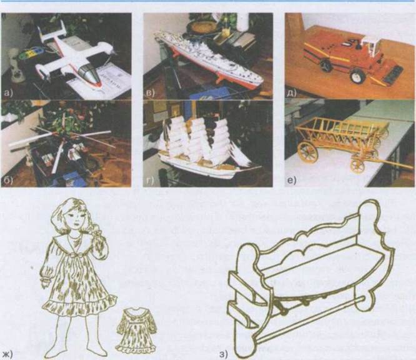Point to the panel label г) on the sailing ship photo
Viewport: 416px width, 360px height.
coord(150,181)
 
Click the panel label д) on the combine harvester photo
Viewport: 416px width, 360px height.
coord(292,93)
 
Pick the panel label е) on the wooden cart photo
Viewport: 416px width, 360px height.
coord(292,181)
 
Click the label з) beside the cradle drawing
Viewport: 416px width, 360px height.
coord(223,353)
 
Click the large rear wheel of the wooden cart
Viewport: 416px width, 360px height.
coord(308,152)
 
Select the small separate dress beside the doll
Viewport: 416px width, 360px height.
coord(136,329)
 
